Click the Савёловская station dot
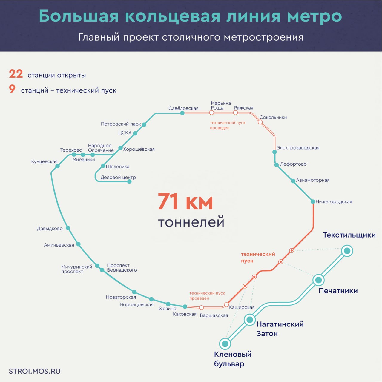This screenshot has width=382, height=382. (182, 113)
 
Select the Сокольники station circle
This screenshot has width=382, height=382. (260, 122)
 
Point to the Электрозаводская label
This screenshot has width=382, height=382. (297, 148)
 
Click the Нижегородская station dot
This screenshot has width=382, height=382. (313, 201)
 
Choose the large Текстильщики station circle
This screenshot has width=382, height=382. (347, 251)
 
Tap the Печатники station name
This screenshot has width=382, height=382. (338, 291)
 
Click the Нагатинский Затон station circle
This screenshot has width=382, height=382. (249, 320)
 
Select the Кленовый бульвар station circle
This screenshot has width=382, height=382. (225, 344)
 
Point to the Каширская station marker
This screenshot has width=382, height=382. (226, 305)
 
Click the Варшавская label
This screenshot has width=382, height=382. (214, 315)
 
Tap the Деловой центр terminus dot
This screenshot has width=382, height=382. (129, 181)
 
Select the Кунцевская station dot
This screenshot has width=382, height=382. (58, 166)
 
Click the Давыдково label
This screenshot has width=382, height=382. (50, 229)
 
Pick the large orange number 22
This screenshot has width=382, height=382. (16, 74)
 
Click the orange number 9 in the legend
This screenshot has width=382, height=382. (12, 89)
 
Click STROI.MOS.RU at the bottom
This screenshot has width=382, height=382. (35, 371)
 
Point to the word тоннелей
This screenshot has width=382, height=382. (191, 222)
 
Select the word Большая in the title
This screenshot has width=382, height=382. (79, 16)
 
